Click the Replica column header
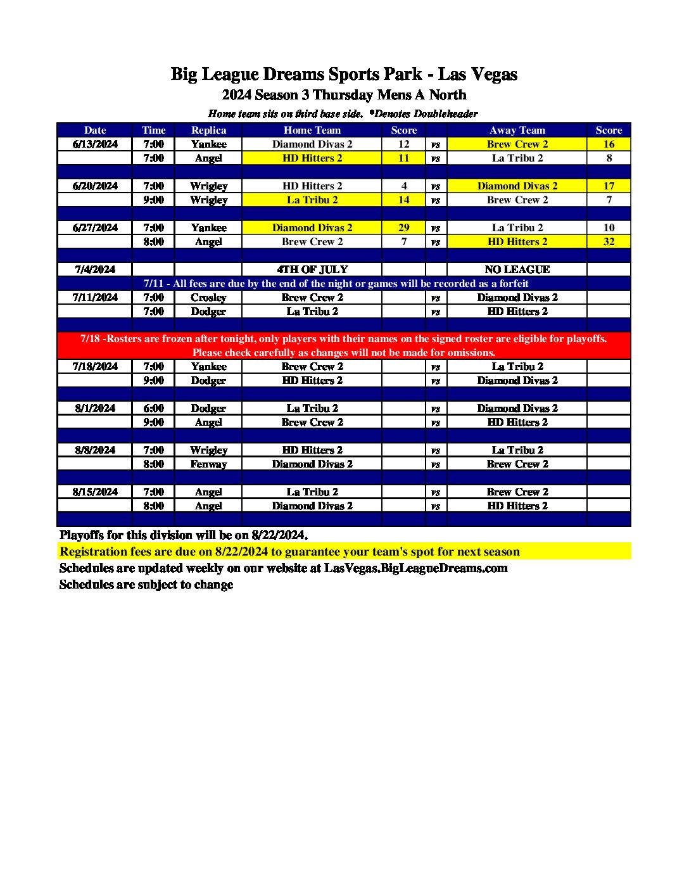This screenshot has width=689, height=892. coord(208,130)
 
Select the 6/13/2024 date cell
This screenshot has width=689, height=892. coord(95,144)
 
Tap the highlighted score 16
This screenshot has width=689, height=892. coord(609,144)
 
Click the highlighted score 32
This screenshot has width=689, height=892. coord(609,241)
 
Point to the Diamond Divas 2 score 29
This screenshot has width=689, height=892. coord(403,227)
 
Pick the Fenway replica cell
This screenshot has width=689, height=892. coord(208,464)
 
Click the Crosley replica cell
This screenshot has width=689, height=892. coord(208,297)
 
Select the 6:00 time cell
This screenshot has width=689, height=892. coord(153,408)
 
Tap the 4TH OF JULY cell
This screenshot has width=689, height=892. coord(312,269)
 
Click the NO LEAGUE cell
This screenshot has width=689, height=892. coord(517,269)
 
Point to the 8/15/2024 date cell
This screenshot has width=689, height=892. coord(95,492)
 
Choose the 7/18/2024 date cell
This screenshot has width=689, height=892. coord(95,366)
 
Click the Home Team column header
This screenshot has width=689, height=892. coord(312,130)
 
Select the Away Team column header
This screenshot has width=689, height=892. coord(517,130)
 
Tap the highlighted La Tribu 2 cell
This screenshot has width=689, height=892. coord(312,200)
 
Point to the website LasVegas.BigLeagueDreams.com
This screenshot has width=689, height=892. coord(415,568)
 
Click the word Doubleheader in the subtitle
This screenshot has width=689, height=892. coord(446,114)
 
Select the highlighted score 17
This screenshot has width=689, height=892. coord(609,186)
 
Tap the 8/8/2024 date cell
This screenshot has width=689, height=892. coord(95,450)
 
